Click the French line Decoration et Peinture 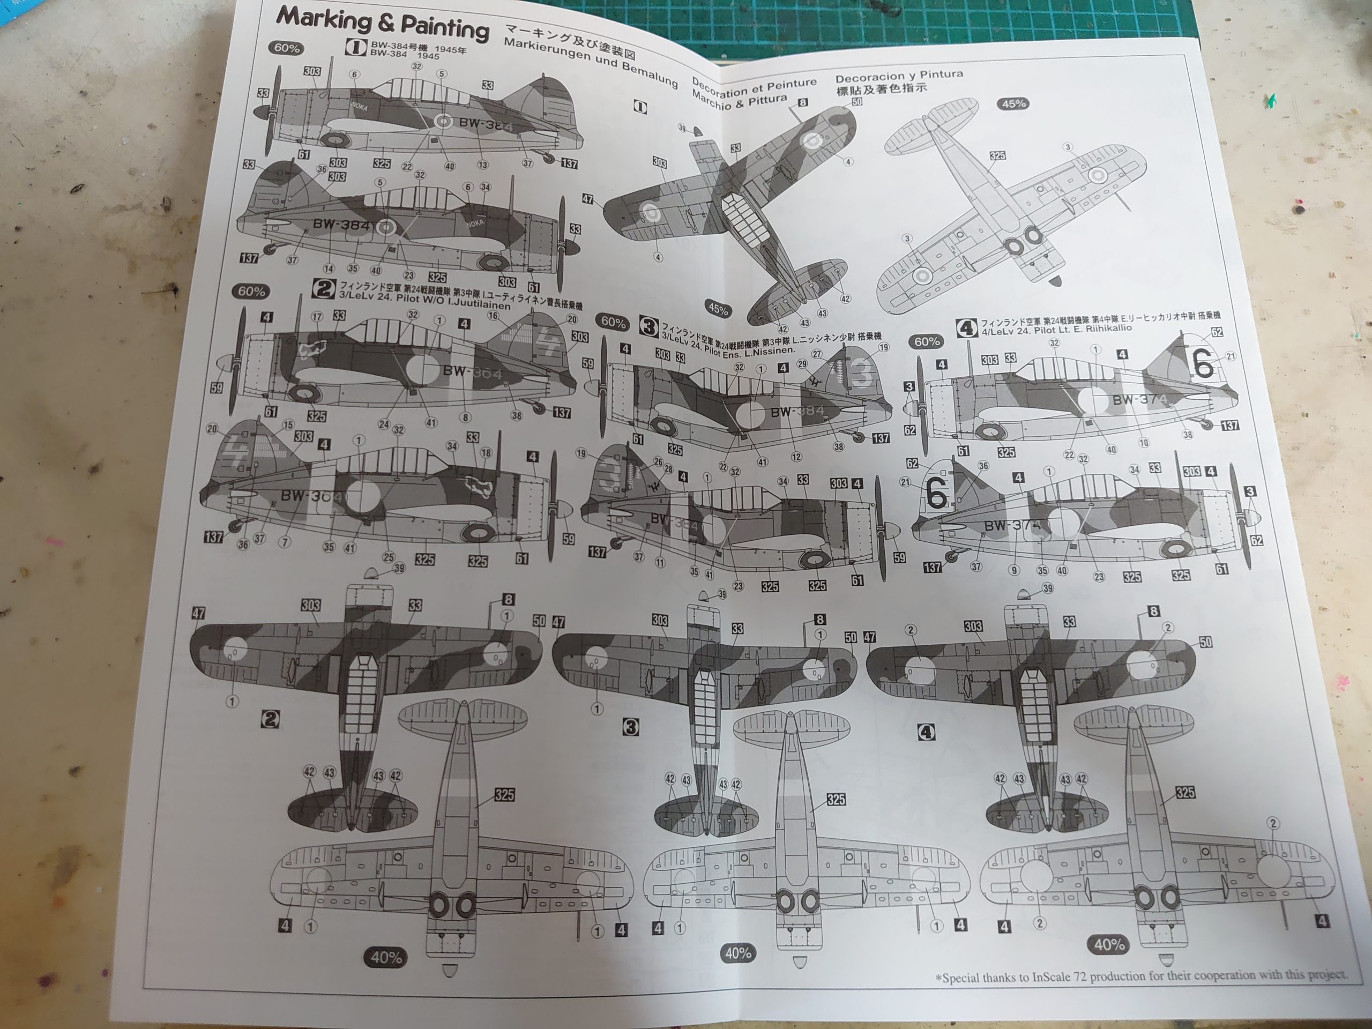pos(754,87)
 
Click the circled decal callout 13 pos(482,165)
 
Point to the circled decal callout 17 pos(317,317)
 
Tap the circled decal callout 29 pos(802,364)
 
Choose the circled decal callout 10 pos(1143,442)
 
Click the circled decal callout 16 pos(493,316)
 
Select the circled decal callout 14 pos(329,269)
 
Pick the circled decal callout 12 pos(796,457)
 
